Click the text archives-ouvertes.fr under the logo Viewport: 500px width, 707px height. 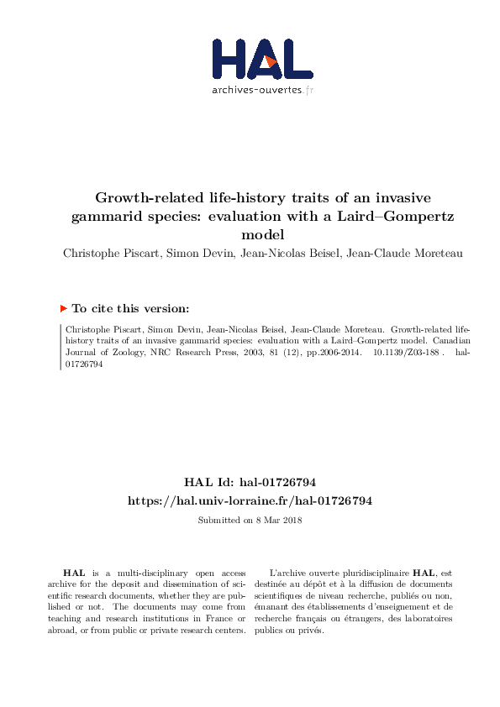(262, 90)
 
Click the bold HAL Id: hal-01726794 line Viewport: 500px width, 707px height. (250, 482)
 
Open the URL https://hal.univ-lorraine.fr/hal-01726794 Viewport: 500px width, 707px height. (250, 500)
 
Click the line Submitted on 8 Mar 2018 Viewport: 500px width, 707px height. (250, 520)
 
